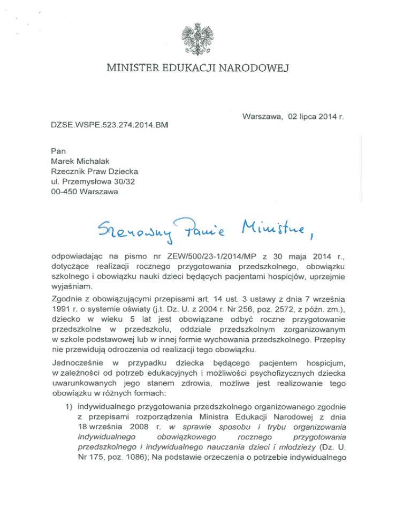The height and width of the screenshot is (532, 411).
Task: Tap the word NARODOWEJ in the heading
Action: click(255, 68)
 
